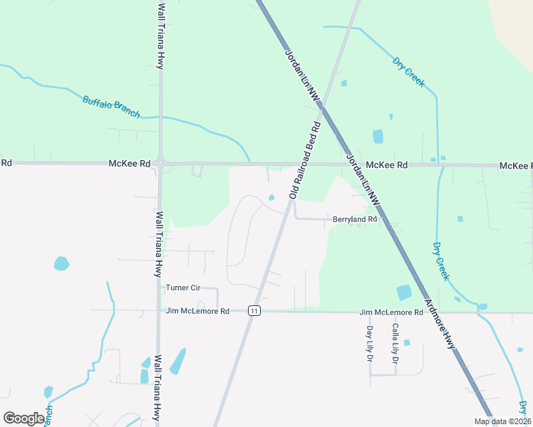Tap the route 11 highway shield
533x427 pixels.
coord(253,311)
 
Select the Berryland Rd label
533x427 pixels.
coord(354,220)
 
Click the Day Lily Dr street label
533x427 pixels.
coord(370,344)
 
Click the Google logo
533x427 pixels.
coord(24,418)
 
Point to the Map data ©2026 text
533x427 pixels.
coord(502,421)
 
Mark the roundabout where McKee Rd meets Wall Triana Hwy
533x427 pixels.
coord(161,164)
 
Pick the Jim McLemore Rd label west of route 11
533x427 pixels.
coord(197,311)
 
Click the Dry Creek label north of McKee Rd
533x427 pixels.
coord(409,72)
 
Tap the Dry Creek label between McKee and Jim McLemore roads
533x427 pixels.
coord(441,261)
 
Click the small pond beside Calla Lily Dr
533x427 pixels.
coord(406,342)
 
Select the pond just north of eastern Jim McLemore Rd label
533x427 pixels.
coord(403,292)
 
